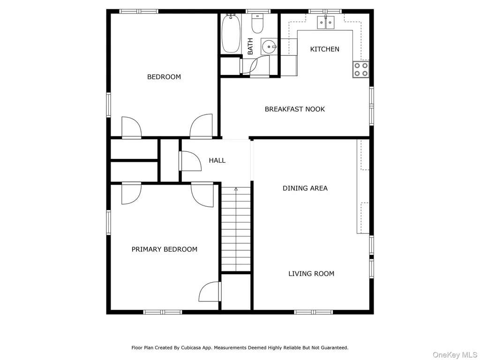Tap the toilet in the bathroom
click(x=257, y=23)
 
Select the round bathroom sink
click(x=269, y=47)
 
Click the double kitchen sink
click(x=326, y=22)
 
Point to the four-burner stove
click(x=361, y=69)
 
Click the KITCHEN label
click(x=324, y=49)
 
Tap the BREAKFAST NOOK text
click(x=294, y=109)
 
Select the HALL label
click(x=217, y=160)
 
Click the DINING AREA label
click(x=305, y=188)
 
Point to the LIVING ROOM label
click(x=311, y=273)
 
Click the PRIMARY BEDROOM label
click(x=165, y=249)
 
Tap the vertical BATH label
click(x=250, y=46)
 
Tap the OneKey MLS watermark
click(x=455, y=355)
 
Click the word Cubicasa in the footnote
click(x=191, y=348)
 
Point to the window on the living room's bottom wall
click(x=314, y=312)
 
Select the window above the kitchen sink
click(x=325, y=12)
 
